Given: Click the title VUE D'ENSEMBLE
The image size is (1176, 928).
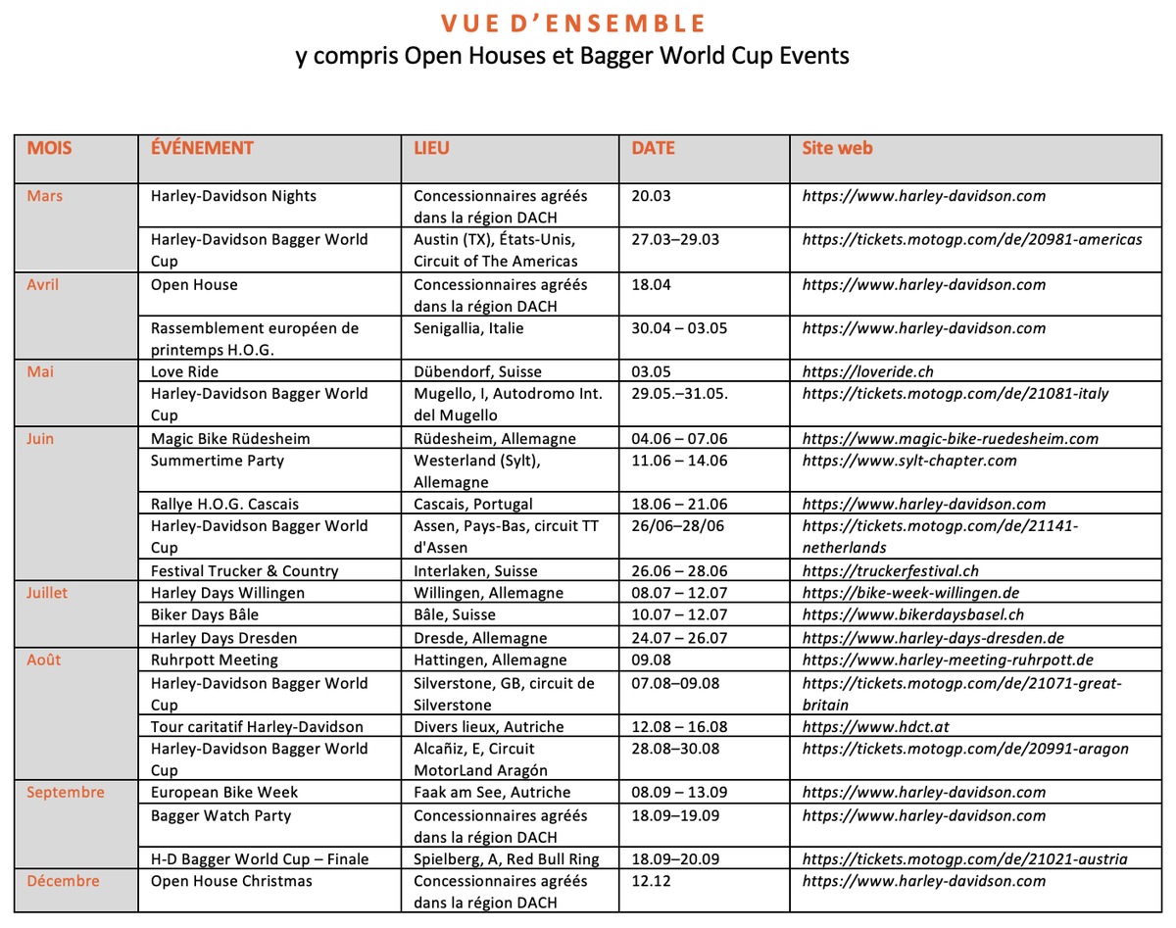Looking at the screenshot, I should click(572, 23).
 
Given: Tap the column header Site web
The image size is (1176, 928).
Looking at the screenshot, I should click(837, 149).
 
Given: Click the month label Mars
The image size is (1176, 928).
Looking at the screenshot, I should click(45, 196).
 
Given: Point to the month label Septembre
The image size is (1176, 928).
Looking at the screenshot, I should click(66, 792).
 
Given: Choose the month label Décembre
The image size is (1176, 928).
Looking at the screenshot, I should click(63, 881).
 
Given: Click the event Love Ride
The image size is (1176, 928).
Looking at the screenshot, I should click(184, 371).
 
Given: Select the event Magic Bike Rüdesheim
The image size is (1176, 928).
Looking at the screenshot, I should click(230, 438).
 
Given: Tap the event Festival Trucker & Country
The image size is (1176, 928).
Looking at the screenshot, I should click(244, 570).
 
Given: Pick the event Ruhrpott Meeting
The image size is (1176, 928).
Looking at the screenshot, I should click(214, 659).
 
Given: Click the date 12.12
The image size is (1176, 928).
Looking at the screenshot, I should click(651, 881).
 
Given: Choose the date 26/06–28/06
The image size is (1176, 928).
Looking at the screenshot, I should click(679, 526).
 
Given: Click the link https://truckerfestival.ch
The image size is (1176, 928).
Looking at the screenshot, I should click(890, 570).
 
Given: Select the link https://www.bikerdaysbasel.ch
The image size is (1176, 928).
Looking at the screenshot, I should click(913, 614).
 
